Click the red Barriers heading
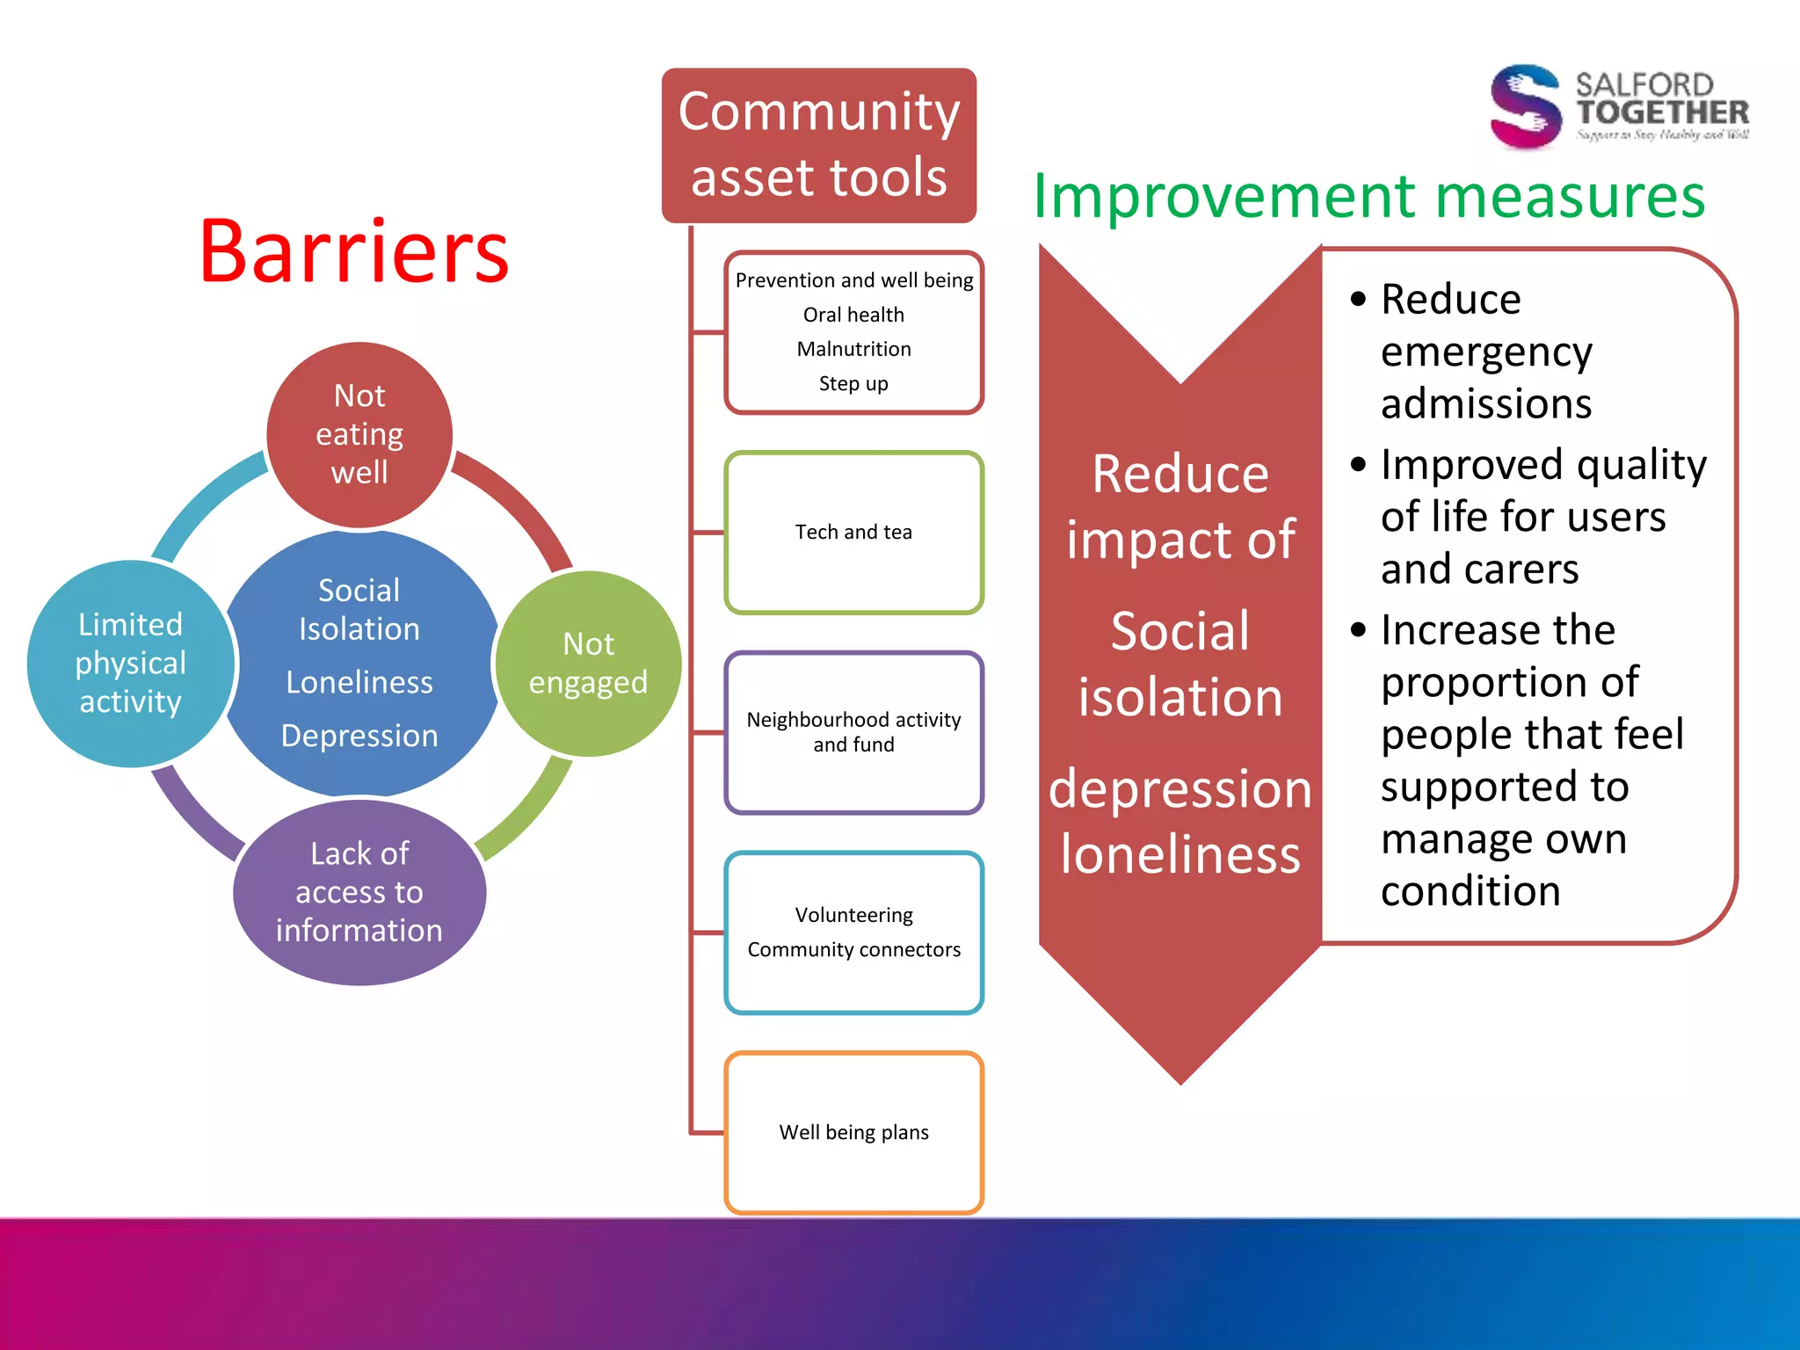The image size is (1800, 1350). click(353, 251)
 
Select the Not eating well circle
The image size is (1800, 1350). click(359, 434)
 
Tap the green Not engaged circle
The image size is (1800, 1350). click(588, 664)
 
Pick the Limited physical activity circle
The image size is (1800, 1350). click(130, 664)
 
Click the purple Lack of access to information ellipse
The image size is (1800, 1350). click(359, 892)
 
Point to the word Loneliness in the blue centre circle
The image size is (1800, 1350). click(359, 683)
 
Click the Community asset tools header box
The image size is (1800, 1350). click(818, 145)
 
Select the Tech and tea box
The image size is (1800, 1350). click(853, 533)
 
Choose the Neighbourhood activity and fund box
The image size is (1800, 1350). click(853, 732)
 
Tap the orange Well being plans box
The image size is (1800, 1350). click(853, 1132)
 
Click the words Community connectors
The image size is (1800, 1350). click(853, 950)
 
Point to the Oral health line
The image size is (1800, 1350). click(853, 315)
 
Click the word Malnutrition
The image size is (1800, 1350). click(853, 349)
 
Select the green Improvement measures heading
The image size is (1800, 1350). click(1368, 197)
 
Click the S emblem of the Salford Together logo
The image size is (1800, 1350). click(1526, 106)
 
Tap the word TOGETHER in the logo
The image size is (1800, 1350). click(1661, 112)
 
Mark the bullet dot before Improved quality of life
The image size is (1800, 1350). click(1359, 464)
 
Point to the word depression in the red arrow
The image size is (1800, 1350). click(1179, 789)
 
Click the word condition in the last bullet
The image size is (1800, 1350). click(1470, 891)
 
